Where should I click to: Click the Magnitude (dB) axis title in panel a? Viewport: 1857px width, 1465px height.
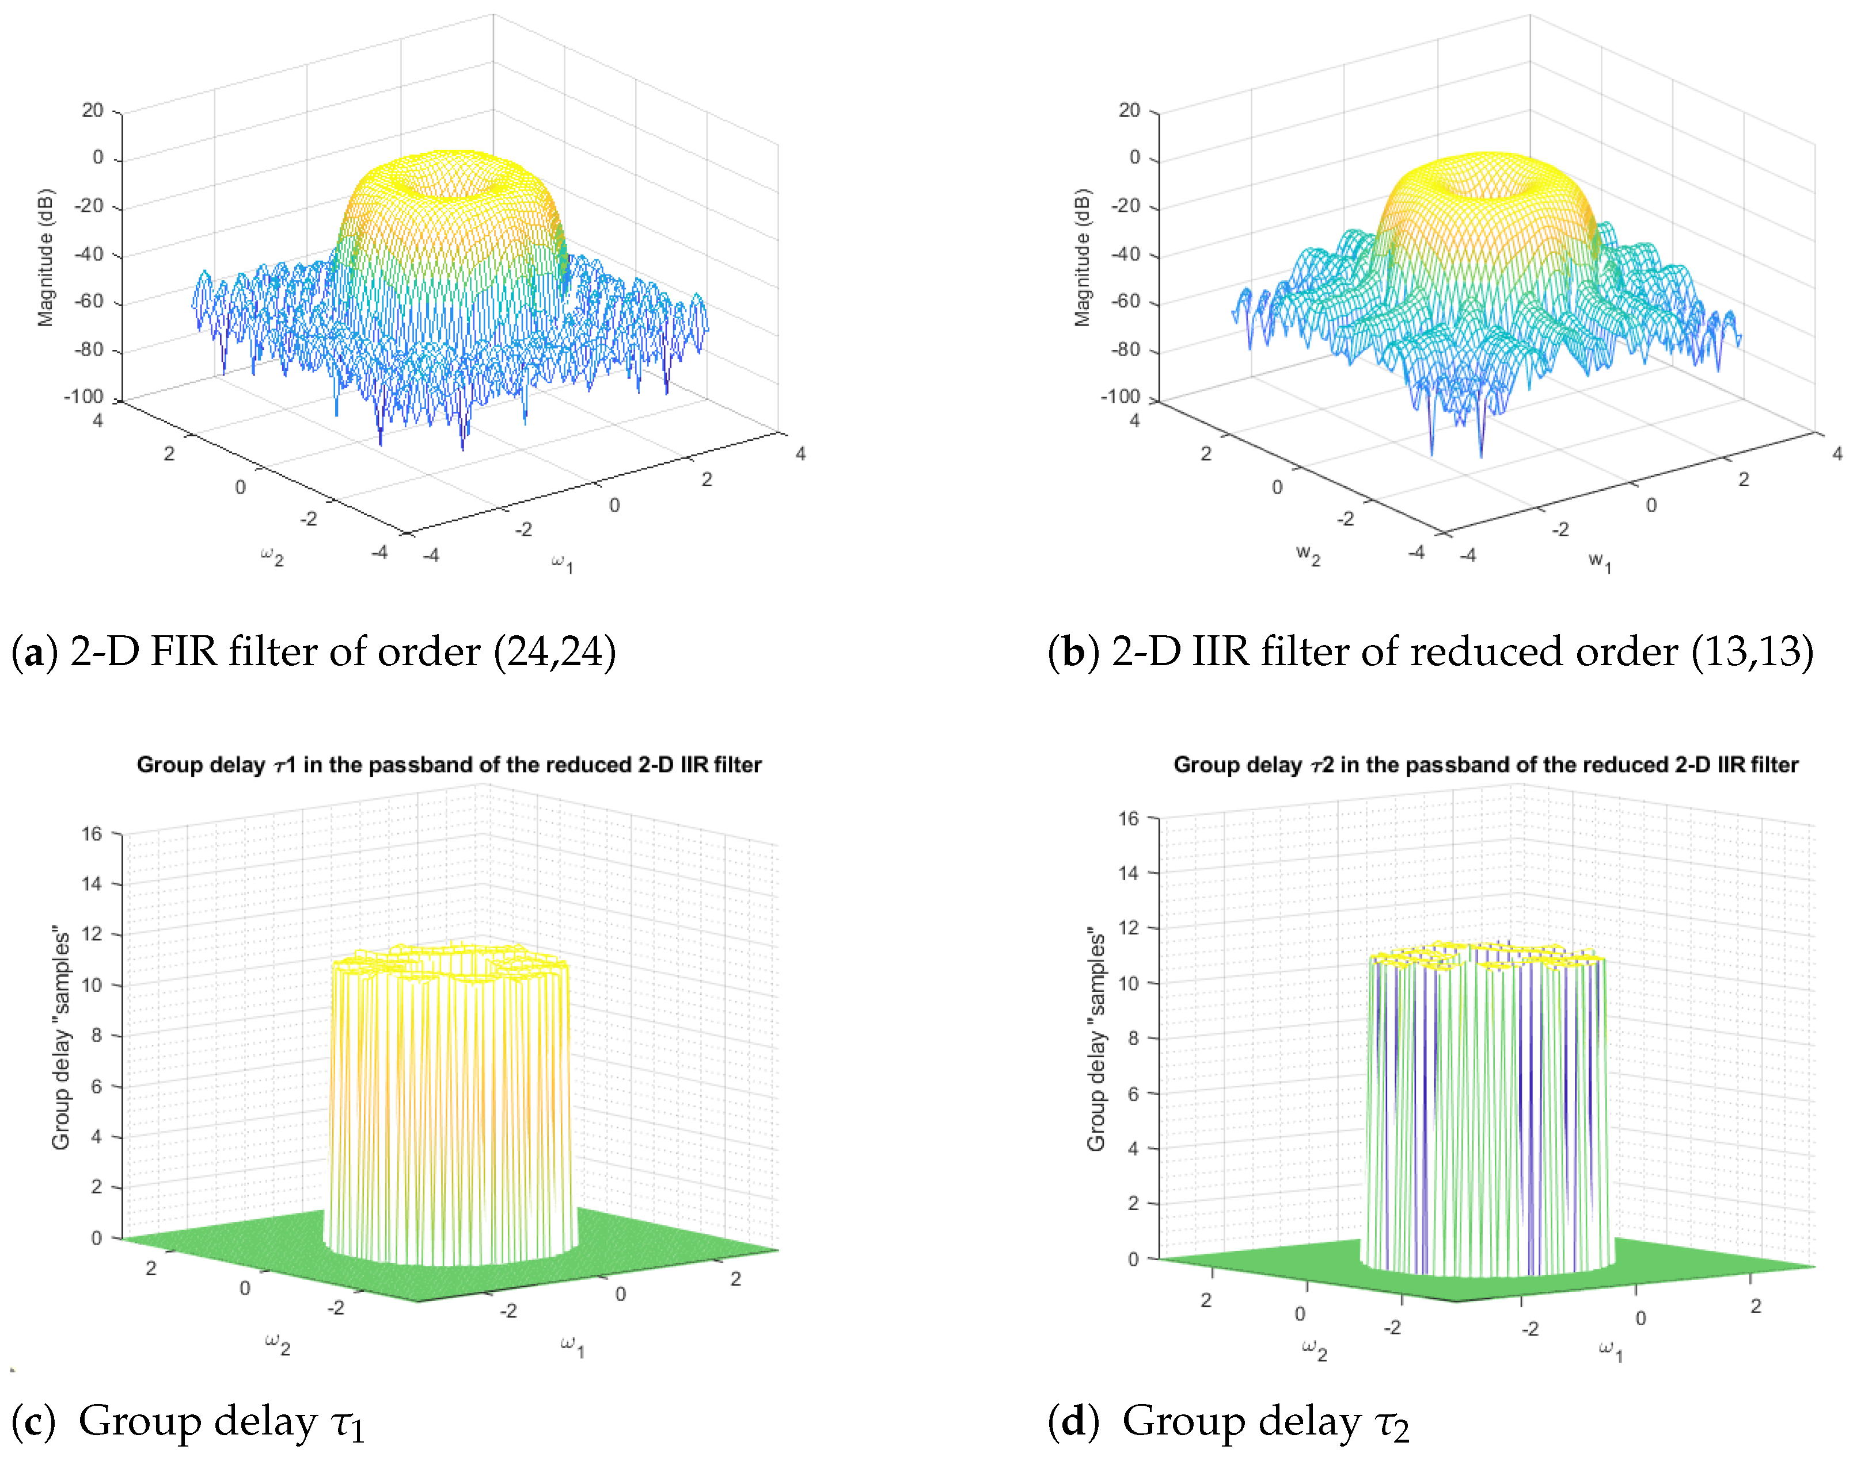[45, 257]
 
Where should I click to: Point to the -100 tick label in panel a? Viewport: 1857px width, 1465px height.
[83, 396]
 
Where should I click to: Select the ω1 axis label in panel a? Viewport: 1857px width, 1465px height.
[562, 563]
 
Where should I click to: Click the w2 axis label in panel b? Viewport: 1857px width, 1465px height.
[1308, 556]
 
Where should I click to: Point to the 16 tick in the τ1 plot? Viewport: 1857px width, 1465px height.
[91, 834]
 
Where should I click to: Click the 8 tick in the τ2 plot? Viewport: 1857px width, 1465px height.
[1133, 1038]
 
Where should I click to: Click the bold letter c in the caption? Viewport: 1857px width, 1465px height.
[33, 1422]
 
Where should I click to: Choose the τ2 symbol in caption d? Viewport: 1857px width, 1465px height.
[1392, 1425]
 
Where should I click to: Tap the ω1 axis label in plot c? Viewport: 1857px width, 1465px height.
[572, 1346]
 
